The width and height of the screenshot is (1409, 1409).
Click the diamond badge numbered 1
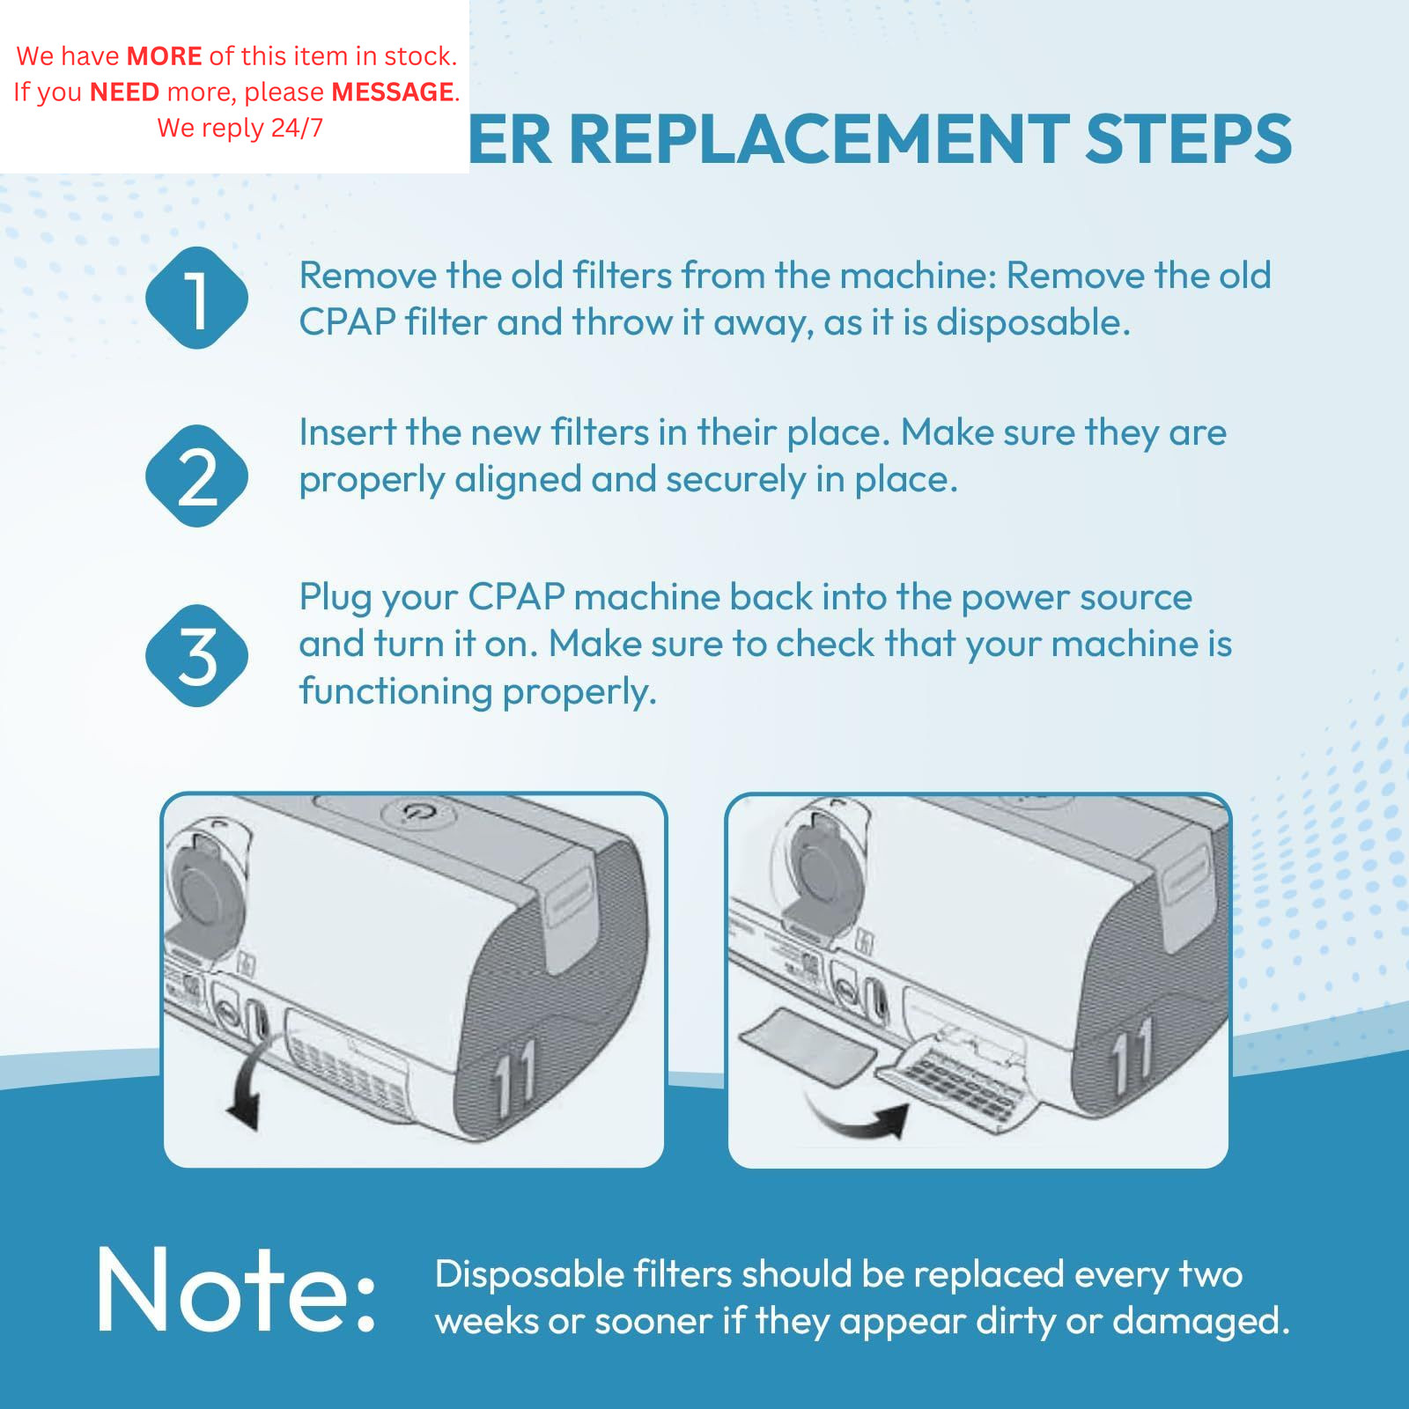[196, 299]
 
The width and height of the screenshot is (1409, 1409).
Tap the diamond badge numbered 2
[196, 476]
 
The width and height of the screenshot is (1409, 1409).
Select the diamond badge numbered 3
[196, 656]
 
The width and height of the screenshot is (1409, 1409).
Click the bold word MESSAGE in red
[393, 92]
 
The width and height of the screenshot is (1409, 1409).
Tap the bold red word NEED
[124, 92]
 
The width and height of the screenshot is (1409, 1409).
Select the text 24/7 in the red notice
[297, 128]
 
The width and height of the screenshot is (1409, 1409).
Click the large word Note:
[236, 1290]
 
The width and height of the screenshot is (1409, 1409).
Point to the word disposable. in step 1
[1033, 322]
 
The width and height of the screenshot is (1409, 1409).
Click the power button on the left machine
[417, 812]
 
